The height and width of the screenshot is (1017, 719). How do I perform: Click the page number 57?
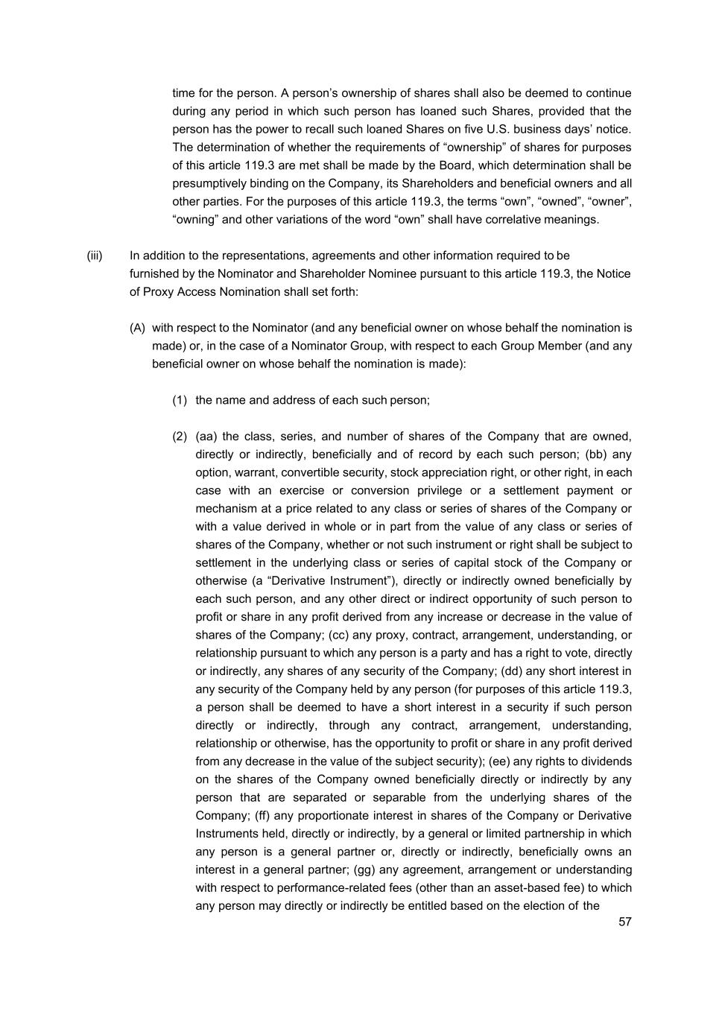(x=624, y=922)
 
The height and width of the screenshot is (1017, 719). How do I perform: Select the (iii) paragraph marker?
(x=95, y=256)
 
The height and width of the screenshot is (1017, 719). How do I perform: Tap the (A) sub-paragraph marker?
(x=137, y=328)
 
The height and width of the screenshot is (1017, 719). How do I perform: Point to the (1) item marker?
(x=180, y=400)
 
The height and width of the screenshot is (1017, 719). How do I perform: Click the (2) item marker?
(x=180, y=437)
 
